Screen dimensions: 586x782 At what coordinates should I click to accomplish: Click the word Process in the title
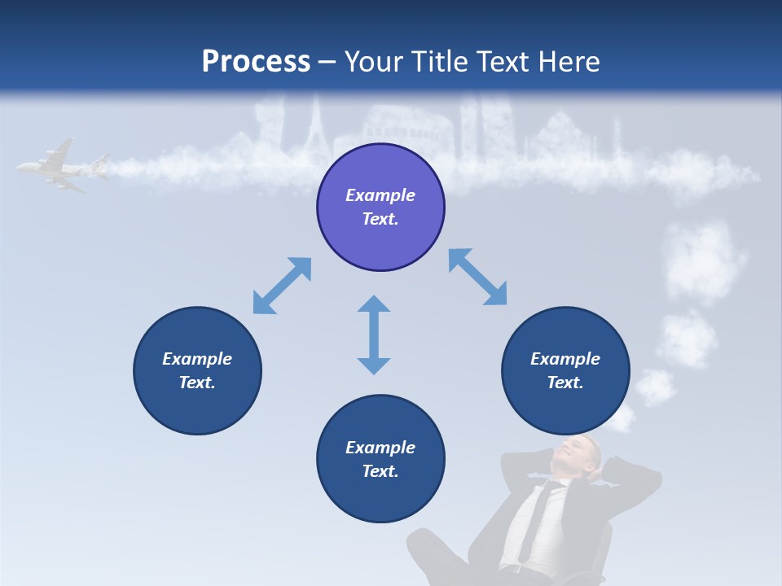(256, 62)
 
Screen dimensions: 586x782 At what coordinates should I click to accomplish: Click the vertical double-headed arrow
(374, 335)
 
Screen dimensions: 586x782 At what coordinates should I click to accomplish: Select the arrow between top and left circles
(282, 286)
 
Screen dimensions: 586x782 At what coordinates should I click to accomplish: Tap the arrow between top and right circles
(478, 277)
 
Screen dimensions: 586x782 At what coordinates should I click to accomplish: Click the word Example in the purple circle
(380, 195)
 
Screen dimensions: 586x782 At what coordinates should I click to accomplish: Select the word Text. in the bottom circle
(380, 471)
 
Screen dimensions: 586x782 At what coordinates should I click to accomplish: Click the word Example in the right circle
(565, 359)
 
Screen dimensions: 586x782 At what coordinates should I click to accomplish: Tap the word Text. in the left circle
(197, 383)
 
